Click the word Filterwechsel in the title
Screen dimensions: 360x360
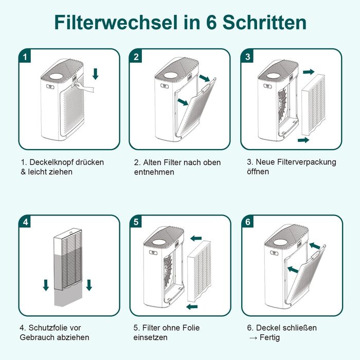[116, 22]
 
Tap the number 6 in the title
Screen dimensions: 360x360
[211, 22]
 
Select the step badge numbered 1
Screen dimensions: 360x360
[25, 56]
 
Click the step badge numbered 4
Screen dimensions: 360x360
[25, 222]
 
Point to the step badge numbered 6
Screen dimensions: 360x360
[248, 222]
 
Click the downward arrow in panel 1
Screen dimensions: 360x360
[95, 74]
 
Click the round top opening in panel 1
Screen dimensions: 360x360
[57, 76]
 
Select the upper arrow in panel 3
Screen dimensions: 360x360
[309, 72]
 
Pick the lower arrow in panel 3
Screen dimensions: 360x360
[303, 140]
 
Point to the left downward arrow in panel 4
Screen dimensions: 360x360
[46, 285]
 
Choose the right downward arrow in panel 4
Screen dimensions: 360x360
[89, 285]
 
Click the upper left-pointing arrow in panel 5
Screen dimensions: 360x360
[196, 238]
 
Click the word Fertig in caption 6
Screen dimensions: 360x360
[269, 337]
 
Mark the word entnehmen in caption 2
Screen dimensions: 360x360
[154, 172]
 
